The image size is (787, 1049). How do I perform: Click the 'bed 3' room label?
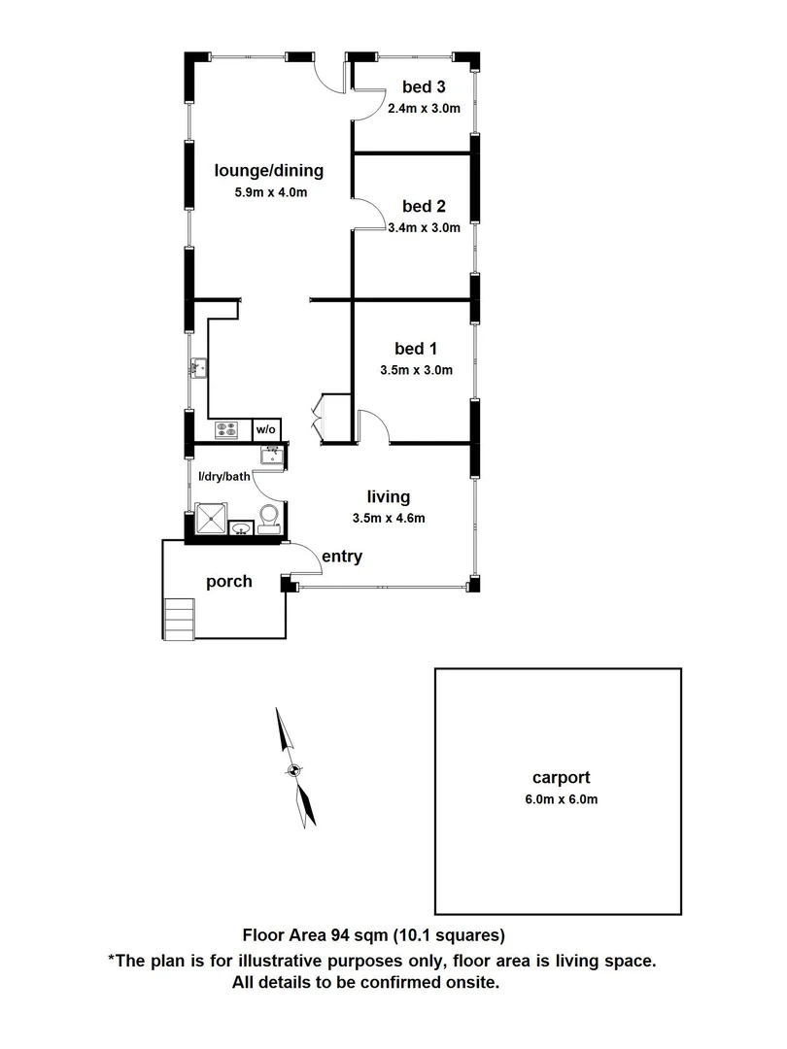(x=424, y=86)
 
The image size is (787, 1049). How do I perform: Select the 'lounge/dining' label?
(x=268, y=171)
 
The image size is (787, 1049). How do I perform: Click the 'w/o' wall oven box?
(x=266, y=428)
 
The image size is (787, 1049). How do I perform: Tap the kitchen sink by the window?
(x=200, y=367)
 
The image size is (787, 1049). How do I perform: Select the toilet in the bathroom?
(x=269, y=515)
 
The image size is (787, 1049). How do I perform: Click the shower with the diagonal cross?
(x=210, y=519)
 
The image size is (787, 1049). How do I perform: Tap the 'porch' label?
(x=229, y=582)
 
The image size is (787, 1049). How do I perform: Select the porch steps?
(x=180, y=618)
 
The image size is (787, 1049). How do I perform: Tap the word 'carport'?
(x=562, y=777)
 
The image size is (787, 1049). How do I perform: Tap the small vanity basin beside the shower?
(x=240, y=528)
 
